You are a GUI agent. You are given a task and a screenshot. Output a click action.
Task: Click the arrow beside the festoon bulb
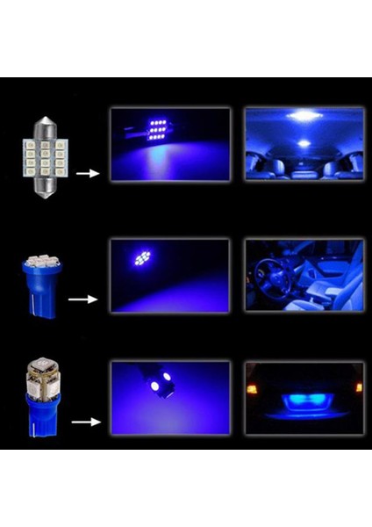(87, 174)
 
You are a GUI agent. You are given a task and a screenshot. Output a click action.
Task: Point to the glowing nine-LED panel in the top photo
(159, 130)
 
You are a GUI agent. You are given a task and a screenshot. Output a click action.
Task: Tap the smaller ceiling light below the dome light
(303, 143)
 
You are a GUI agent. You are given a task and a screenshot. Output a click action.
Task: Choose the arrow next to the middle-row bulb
(83, 300)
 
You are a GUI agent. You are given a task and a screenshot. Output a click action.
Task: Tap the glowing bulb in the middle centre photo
(142, 257)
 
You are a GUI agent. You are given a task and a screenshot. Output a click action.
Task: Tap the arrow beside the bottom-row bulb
(85, 422)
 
